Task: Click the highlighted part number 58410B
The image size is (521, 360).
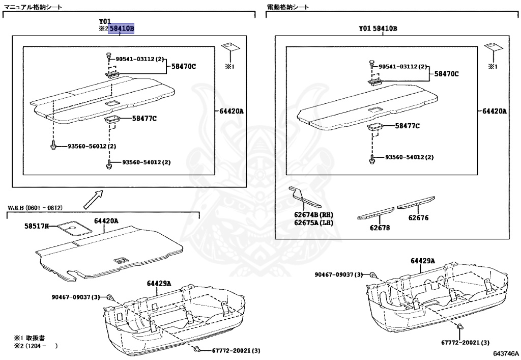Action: point(121,30)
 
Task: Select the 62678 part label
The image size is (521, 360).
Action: point(380,228)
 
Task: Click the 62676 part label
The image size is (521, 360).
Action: point(418,218)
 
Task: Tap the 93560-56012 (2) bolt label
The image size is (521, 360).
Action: point(92,147)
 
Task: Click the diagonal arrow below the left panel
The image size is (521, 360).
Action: point(93,198)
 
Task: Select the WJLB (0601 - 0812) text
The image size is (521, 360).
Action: point(35,208)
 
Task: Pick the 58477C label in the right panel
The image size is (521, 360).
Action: point(408,126)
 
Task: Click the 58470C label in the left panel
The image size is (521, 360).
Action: point(183,66)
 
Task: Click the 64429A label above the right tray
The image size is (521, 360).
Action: point(423,261)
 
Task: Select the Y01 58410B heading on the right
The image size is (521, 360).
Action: point(378,29)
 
